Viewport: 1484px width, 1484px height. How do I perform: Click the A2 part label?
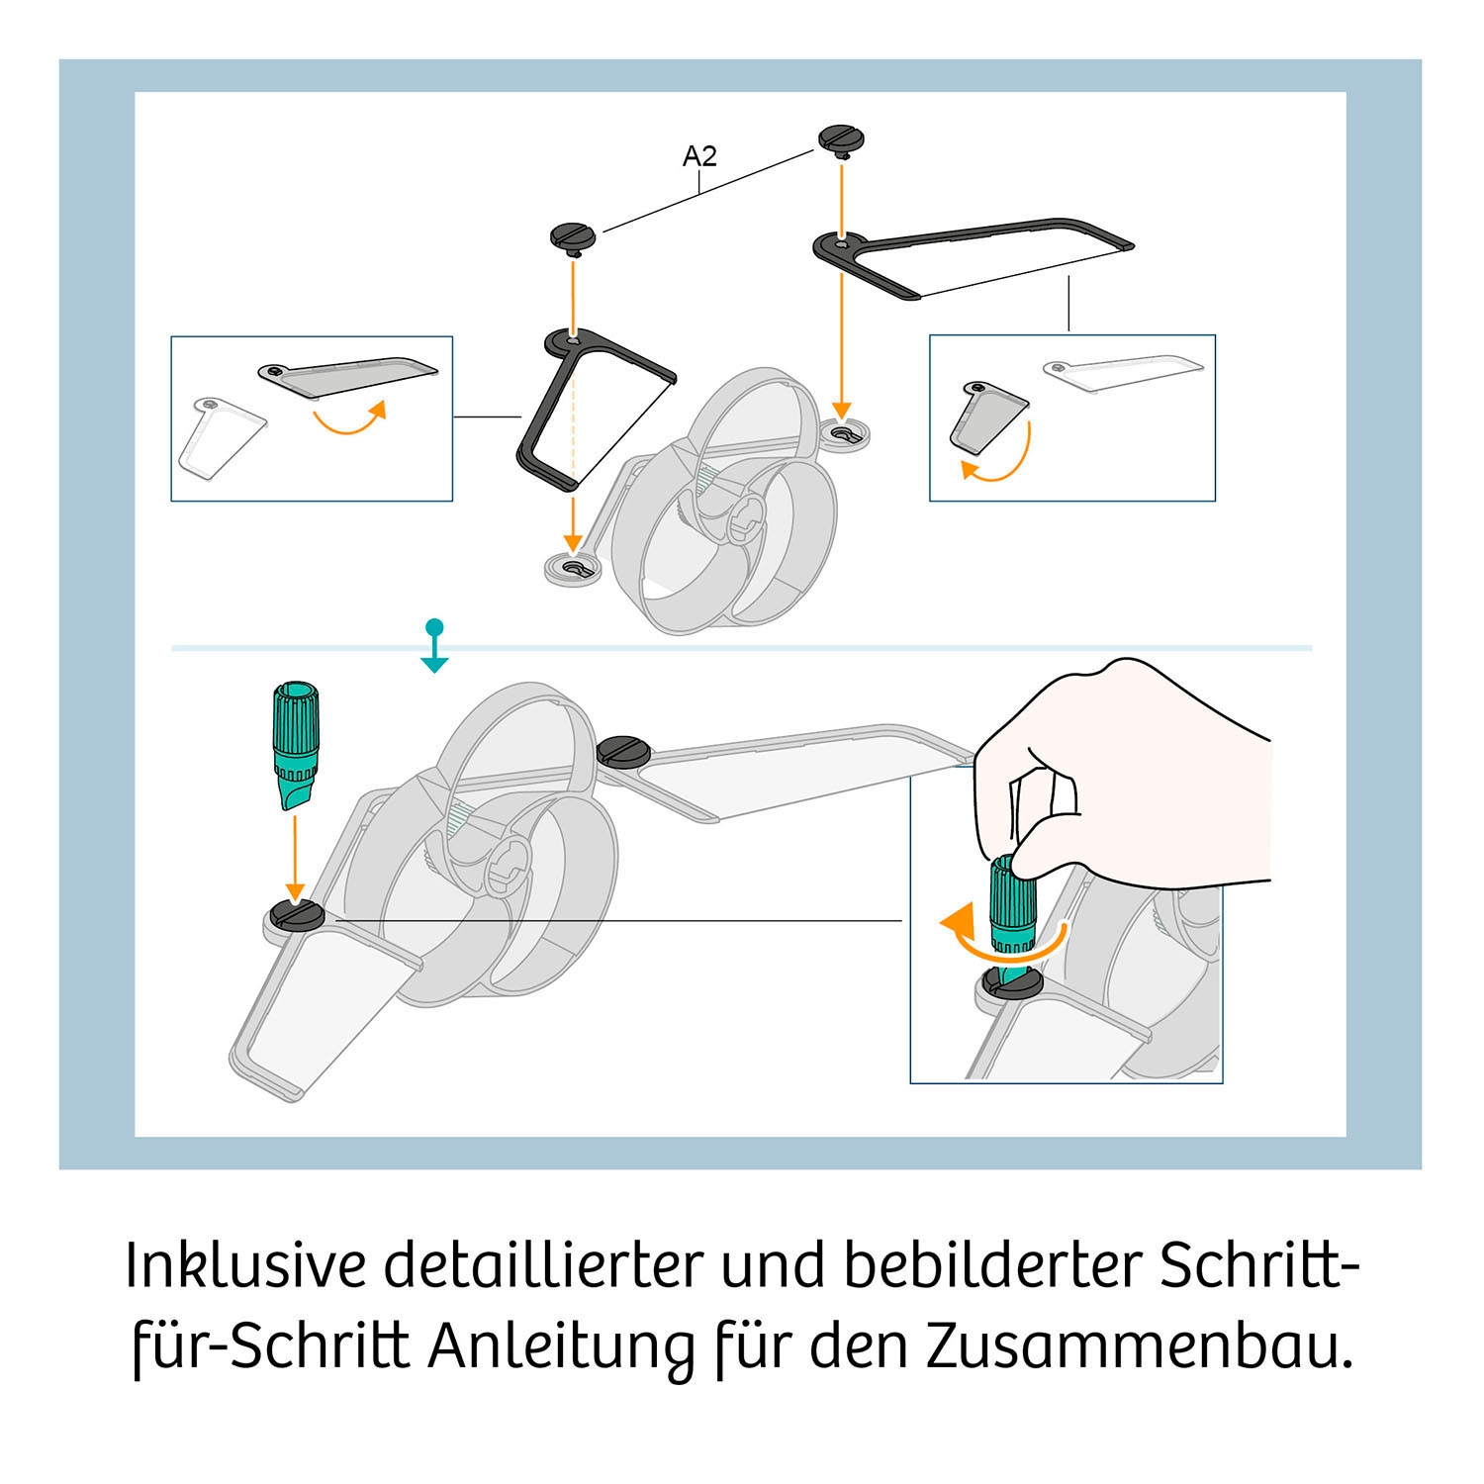(699, 156)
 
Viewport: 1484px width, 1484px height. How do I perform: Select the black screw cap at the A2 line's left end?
(572, 236)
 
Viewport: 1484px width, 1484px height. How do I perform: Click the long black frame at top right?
(974, 255)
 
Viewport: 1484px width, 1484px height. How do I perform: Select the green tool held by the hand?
(1012, 905)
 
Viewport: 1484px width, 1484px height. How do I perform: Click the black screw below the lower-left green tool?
(297, 915)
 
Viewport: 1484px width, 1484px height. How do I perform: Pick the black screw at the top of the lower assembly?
(623, 751)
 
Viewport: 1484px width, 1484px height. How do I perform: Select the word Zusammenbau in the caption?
(1138, 1347)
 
